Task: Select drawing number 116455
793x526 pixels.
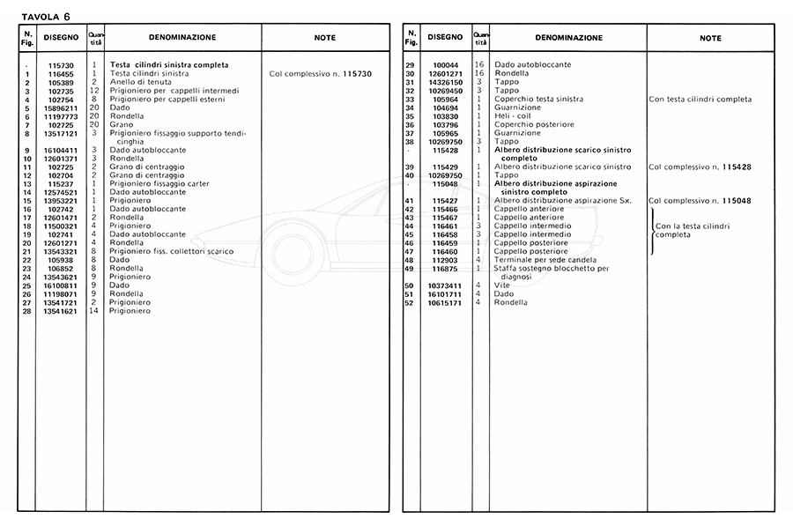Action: click(60, 73)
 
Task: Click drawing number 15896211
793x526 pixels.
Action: click(60, 108)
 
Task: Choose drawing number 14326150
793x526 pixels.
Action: click(445, 82)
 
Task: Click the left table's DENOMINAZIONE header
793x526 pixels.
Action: click(182, 38)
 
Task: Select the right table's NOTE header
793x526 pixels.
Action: click(710, 38)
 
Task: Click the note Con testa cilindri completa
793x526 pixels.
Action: click(700, 100)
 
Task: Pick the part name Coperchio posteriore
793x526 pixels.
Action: click(534, 125)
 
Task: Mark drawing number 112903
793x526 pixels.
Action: click(445, 260)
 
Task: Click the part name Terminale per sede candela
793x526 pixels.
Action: click(545, 260)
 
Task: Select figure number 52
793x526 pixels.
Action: click(410, 303)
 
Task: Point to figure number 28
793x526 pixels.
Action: click(28, 311)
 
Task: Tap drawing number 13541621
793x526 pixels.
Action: click(60, 311)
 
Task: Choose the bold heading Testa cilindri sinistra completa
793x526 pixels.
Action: click(169, 65)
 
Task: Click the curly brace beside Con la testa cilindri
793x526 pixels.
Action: click(651, 232)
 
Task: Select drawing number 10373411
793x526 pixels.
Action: click(445, 285)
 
